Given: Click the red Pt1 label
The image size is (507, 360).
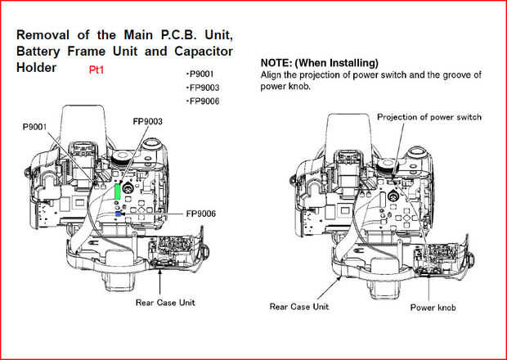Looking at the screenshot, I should (96, 71).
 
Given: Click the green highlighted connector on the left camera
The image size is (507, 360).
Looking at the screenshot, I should (119, 191).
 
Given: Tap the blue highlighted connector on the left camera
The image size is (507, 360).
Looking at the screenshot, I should (119, 214).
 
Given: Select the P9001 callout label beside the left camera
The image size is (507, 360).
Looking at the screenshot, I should (38, 128).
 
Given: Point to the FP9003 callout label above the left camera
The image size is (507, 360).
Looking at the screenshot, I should (148, 121).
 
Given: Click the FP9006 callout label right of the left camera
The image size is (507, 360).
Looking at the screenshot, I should (200, 214).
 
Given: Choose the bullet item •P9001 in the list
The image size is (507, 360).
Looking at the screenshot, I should (202, 73).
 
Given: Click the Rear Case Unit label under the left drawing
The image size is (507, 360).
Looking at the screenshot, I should (165, 302).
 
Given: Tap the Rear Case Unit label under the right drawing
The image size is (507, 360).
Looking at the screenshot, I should (298, 307).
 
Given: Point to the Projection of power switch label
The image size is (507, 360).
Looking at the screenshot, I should (428, 117).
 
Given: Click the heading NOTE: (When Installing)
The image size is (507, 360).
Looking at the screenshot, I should (319, 63).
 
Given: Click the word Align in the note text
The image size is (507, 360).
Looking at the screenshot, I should (272, 74).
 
